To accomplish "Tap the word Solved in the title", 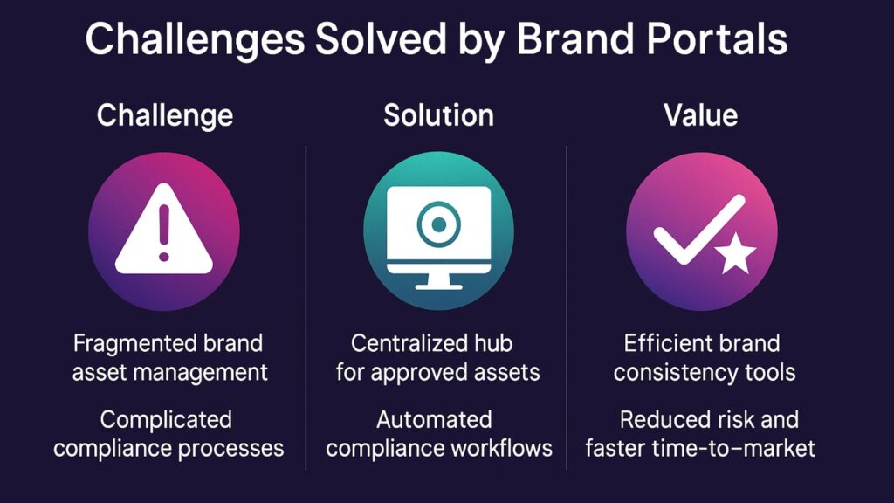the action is click(381, 38).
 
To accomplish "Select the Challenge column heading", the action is click(165, 116).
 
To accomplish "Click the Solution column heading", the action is click(438, 115).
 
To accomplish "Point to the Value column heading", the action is click(701, 115).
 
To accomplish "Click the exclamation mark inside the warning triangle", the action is click(164, 232).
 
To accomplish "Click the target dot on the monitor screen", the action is click(438, 224).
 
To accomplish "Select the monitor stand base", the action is click(438, 286).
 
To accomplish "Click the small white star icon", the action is click(735, 253).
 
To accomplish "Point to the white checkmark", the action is click(699, 230).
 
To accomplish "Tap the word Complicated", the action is click(166, 420).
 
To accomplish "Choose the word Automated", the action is click(434, 420).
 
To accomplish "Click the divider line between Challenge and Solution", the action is click(306, 308).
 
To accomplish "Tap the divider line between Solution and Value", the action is click(567, 308).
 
